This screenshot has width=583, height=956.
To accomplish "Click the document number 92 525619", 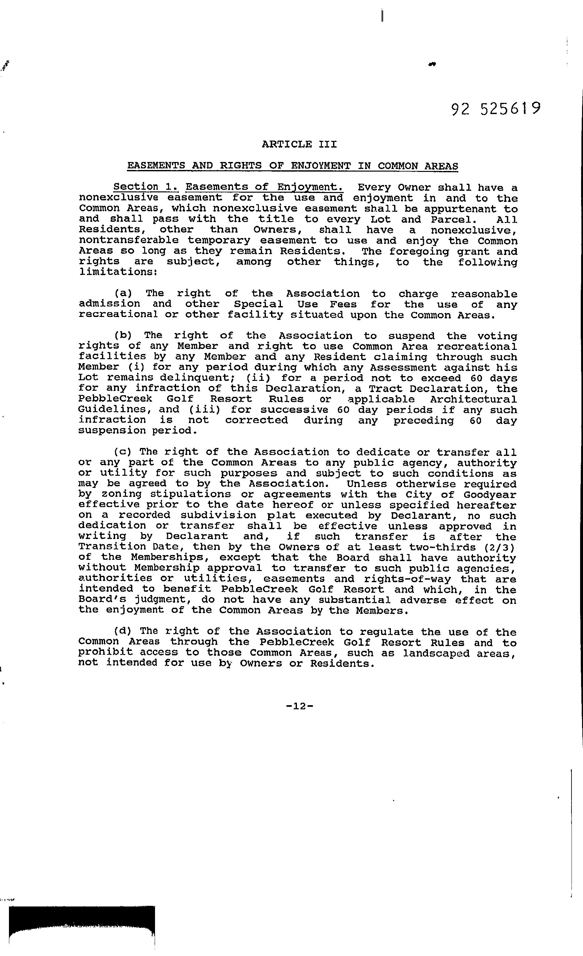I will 496,109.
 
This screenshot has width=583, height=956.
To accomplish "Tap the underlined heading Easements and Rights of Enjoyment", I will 293,166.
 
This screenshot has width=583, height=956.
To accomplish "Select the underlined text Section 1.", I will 145,187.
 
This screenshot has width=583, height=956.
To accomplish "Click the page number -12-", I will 299,706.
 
